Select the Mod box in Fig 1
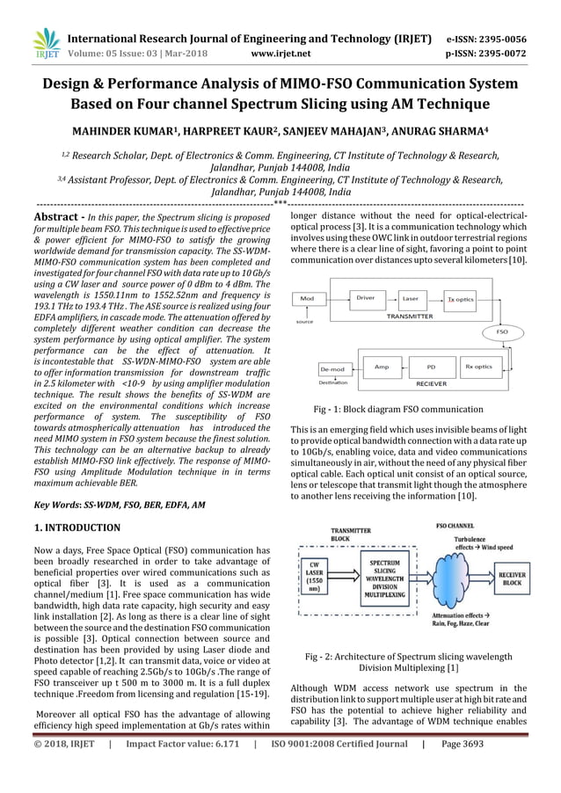click(307, 299)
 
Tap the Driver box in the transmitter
click(365, 298)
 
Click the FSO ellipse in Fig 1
click(503, 333)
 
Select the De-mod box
click(332, 370)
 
